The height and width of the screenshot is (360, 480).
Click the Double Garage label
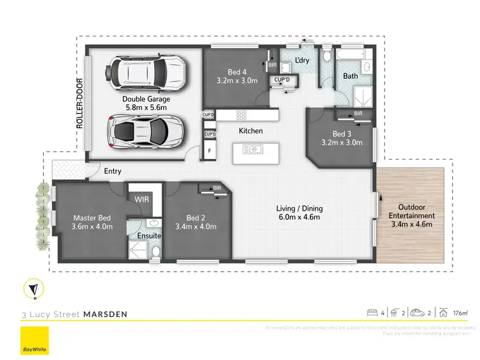tap(145, 99)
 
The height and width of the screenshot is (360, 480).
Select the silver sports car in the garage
tap(145, 132)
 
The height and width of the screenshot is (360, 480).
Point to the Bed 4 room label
tap(234, 72)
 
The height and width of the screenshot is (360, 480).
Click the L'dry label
tap(302, 61)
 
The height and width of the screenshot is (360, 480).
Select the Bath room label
tap(350, 76)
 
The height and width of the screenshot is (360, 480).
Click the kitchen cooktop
tap(242, 115)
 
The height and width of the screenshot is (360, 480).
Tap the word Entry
tap(113, 171)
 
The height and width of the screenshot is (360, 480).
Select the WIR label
tap(141, 199)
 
